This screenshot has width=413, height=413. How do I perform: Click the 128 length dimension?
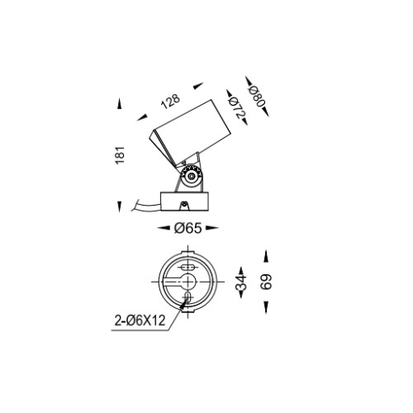pyautogui.click(x=171, y=102)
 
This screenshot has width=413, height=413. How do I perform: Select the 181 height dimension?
pyautogui.click(x=120, y=155)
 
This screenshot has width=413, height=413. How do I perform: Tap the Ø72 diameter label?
pyautogui.click(x=237, y=108)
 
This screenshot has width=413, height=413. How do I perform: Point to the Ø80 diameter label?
pyautogui.click(x=257, y=96)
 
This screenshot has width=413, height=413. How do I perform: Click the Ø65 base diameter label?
pyautogui.click(x=188, y=228)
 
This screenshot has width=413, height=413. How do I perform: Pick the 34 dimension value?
pyautogui.click(x=241, y=282)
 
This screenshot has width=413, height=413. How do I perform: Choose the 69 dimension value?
pyautogui.click(x=266, y=282)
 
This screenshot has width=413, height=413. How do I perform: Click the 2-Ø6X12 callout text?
pyautogui.click(x=140, y=320)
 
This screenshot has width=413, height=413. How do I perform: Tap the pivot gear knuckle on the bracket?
pyautogui.click(x=191, y=176)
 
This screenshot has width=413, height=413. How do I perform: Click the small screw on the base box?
pyautogui.click(x=183, y=205)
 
